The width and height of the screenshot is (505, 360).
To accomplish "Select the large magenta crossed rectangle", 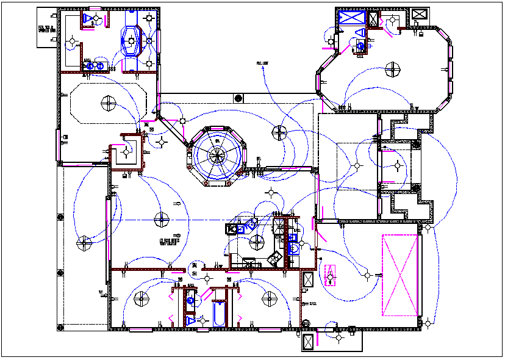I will coord(400,275).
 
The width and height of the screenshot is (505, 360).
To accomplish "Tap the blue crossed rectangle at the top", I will coord(351,17).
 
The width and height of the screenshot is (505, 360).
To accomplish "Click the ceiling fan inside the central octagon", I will coord(217,154).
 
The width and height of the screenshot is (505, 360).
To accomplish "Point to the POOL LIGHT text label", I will coord(263,63).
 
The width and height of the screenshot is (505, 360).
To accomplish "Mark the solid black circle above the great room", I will coord(238,98).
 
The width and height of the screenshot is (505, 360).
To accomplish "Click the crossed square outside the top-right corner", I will coord(420,14).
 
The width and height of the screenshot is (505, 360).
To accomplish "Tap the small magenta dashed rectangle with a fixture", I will coord(330,275).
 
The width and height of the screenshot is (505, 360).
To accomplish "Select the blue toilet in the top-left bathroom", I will coord(90,18).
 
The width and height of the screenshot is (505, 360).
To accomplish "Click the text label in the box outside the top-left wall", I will coord(46,28).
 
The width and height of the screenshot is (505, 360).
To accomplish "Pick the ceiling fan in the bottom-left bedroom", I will coord(141,299).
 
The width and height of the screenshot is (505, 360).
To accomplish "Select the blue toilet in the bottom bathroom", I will coord(192,321).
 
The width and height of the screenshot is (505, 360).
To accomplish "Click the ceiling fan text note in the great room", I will coord(170,242).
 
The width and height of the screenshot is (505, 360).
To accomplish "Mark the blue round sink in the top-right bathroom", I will coord(360,45).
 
